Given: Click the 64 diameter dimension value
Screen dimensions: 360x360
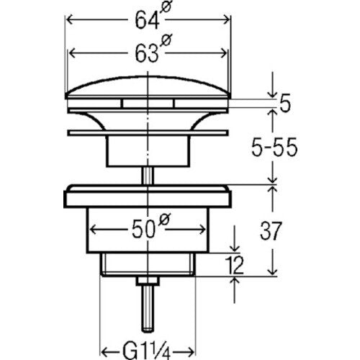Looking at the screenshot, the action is (147, 20).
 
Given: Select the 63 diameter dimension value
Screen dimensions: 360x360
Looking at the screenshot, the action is (147, 53).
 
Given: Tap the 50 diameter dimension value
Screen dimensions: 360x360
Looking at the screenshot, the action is (143, 230).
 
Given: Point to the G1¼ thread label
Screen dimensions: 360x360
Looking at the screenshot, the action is (147, 351).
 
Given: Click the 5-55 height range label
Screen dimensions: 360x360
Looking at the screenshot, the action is (274, 148).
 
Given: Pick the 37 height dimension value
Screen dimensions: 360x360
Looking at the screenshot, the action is (270, 231).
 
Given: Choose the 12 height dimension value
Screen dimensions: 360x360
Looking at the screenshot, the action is (235, 265).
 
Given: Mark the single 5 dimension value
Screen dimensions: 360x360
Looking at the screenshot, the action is (285, 103).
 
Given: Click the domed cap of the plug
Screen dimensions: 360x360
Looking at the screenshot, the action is (148, 87).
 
